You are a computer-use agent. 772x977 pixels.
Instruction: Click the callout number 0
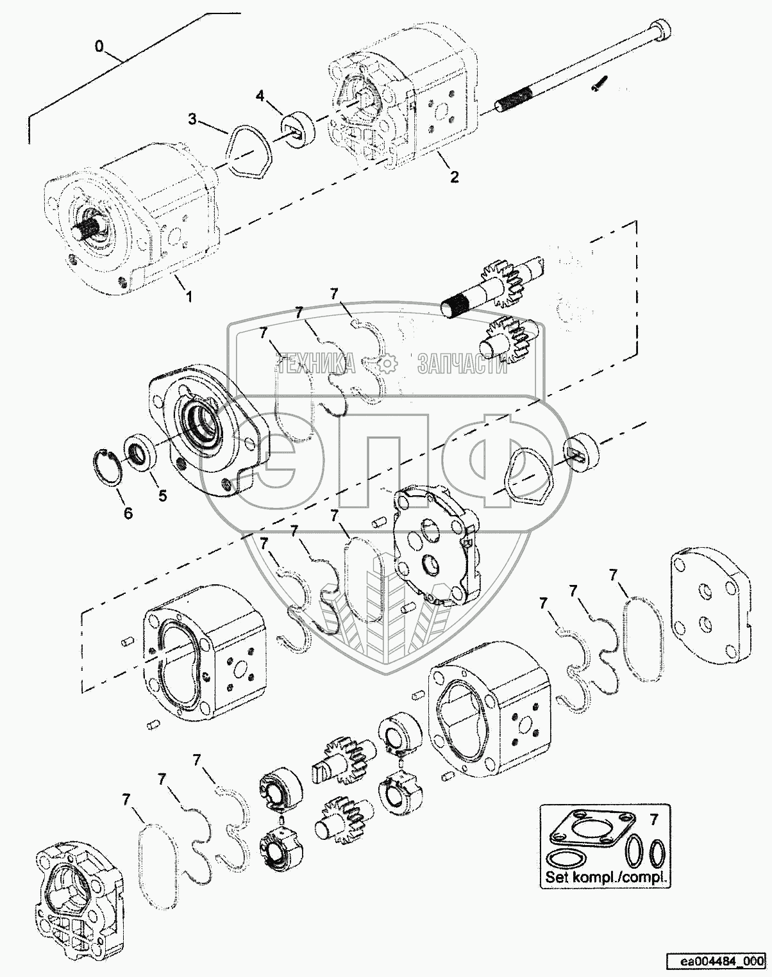[99, 46]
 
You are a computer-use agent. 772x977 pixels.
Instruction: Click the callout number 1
[189, 296]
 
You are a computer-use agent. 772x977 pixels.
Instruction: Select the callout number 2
[454, 177]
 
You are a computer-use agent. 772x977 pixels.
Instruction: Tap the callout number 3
[192, 119]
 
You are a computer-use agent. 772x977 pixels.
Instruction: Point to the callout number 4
[260, 96]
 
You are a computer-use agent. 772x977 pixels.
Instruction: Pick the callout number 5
[163, 495]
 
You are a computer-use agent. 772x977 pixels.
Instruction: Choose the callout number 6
[128, 513]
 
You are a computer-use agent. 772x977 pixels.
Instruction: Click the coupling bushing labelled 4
[299, 129]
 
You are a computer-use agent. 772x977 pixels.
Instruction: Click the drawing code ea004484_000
[715, 961]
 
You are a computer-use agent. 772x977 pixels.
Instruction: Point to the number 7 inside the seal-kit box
[653, 819]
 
